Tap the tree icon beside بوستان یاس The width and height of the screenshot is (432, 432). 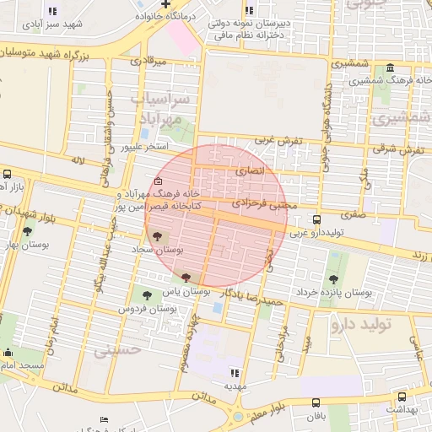186,277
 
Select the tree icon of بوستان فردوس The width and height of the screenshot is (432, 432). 148,295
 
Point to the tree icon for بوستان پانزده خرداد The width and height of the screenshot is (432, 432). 335,278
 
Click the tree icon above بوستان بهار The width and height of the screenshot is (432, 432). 28,231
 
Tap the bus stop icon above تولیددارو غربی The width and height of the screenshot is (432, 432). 316,219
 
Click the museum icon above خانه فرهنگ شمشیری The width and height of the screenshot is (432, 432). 389,68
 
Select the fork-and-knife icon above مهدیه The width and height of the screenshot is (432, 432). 235,371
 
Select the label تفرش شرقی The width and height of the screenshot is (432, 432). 403,150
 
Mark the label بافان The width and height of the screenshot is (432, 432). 316,417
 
